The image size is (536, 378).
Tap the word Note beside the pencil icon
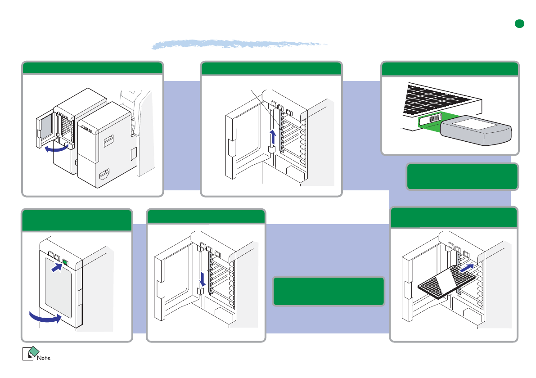[44, 358]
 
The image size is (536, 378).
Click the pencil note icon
[30, 354]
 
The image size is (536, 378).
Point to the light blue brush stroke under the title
[239, 44]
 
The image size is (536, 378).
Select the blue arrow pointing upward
[272, 136]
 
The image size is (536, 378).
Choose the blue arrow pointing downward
[202, 279]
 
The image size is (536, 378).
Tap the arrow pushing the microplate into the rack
[466, 269]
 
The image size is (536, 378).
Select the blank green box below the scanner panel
[462, 177]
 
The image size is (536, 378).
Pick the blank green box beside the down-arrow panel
[329, 291]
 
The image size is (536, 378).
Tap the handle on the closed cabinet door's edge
[80, 298]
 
